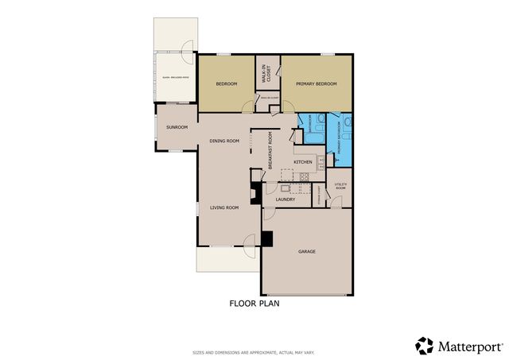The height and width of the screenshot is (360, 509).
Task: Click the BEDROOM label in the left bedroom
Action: [227, 83]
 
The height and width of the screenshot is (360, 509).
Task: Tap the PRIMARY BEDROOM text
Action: [317, 83]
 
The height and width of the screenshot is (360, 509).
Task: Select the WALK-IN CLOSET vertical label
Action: [268, 74]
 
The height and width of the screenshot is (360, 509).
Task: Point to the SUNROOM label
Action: [177, 127]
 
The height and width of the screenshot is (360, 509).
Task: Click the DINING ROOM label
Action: [224, 141]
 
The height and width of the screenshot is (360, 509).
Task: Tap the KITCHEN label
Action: [303, 162]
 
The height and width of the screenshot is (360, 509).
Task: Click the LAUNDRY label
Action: [286, 199]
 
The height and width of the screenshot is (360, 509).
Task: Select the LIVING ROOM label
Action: [224, 208]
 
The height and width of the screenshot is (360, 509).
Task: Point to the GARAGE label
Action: [307, 252]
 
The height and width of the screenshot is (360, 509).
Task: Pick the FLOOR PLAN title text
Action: [254, 303]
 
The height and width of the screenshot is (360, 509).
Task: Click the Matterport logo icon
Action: [424, 345]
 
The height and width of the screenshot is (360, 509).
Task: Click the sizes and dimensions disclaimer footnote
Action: [254, 352]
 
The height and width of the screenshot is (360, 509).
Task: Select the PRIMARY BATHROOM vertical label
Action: [339, 137]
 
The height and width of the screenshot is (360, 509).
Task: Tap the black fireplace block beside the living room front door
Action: [267, 238]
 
